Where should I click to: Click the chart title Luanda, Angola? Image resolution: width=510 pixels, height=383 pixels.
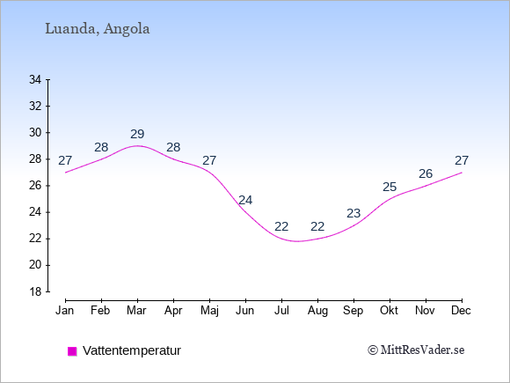click(x=98, y=29)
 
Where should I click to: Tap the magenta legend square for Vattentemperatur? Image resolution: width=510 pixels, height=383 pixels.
click(x=72, y=351)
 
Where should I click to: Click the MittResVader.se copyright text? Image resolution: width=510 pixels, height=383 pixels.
click(x=416, y=350)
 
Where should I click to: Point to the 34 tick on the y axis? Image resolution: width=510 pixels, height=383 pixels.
click(x=35, y=79)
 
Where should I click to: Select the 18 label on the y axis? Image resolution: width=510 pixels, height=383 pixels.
click(x=35, y=291)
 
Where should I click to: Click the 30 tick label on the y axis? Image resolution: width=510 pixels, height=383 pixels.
click(x=35, y=133)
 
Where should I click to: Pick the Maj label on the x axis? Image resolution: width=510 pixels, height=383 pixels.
click(x=209, y=311)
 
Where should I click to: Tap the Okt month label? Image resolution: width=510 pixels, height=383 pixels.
click(x=389, y=311)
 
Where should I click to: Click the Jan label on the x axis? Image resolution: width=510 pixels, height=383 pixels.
click(x=65, y=311)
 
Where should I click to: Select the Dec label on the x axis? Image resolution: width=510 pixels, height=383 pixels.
click(x=462, y=311)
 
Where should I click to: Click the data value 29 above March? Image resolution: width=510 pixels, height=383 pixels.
click(x=137, y=134)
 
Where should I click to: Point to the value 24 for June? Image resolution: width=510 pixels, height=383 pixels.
click(x=245, y=200)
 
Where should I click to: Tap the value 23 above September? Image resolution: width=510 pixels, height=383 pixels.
click(x=353, y=213)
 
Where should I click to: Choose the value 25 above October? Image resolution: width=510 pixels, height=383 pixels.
click(x=390, y=187)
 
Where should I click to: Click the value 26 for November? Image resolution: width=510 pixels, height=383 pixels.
click(x=426, y=174)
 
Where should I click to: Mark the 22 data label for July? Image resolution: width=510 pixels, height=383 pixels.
click(x=281, y=226)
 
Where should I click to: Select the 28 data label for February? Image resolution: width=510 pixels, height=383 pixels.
click(x=101, y=147)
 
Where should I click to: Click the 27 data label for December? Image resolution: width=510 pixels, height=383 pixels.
click(x=462, y=160)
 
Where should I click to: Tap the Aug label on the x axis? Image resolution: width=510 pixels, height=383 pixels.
click(x=317, y=311)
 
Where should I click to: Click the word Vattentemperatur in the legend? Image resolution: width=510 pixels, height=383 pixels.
click(x=132, y=350)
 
